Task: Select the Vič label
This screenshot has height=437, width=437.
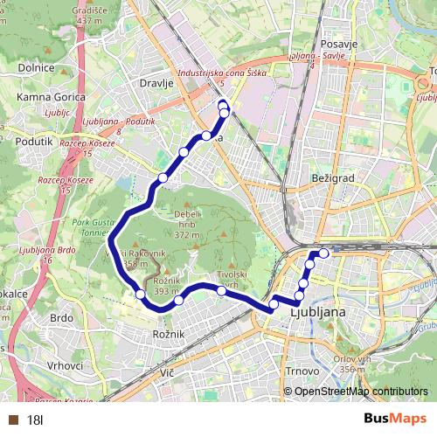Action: coord(168,374)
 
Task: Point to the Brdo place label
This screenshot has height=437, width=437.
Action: coord(61,318)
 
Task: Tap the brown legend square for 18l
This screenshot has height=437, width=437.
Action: coord(14,420)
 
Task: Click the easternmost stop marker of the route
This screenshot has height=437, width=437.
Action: coord(324,253)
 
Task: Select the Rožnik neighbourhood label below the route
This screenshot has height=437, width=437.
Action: coord(167,335)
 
